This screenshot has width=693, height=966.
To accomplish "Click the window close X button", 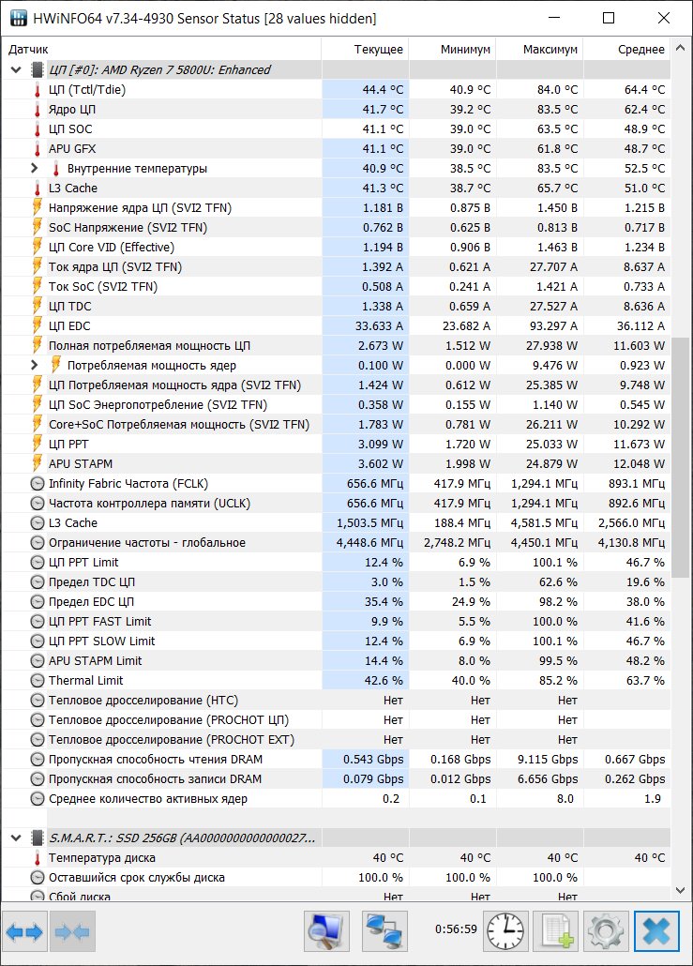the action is (663, 18).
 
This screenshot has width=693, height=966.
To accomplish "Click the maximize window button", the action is (609, 18).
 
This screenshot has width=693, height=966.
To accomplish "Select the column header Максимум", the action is (550, 50).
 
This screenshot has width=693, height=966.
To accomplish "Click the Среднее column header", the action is (641, 50).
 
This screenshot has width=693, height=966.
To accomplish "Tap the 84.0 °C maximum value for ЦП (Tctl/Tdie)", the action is (557, 90).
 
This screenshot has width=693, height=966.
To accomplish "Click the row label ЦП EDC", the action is (69, 325).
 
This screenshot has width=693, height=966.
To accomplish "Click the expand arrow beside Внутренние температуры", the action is (35, 168).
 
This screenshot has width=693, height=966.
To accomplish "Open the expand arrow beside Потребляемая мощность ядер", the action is (35, 366).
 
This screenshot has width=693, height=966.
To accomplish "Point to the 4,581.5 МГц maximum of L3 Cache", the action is (544, 523).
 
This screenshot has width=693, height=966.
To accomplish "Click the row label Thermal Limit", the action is (85, 681).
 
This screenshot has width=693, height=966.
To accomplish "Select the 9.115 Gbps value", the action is (548, 760).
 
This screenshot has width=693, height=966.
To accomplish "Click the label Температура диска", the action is (101, 858).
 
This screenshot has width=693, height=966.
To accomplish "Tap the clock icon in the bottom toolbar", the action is (505, 931).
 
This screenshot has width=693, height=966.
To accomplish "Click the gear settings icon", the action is (606, 931).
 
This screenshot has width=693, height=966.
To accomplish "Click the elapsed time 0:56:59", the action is (456, 929).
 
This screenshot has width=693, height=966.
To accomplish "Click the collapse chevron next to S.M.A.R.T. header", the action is (17, 838).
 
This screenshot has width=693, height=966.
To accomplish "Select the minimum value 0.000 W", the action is (468, 366).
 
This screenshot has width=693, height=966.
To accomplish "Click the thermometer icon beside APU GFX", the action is (37, 149).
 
